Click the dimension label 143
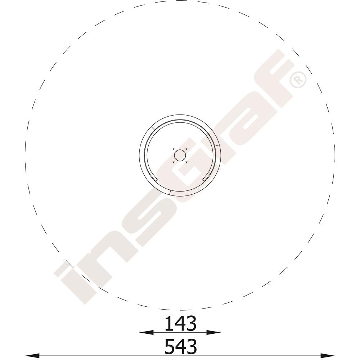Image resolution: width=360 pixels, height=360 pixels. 181,323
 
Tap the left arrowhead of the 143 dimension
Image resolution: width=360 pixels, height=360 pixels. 146,332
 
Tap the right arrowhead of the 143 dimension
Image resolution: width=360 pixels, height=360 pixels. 214,332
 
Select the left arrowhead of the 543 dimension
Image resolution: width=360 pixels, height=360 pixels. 32,355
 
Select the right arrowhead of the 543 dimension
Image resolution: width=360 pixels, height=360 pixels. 328,355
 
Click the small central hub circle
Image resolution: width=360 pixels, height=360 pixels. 180,156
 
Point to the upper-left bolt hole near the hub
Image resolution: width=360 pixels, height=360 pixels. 174,149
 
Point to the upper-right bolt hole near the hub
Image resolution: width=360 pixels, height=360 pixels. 186,149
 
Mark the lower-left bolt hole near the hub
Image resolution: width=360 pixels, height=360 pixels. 174,162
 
